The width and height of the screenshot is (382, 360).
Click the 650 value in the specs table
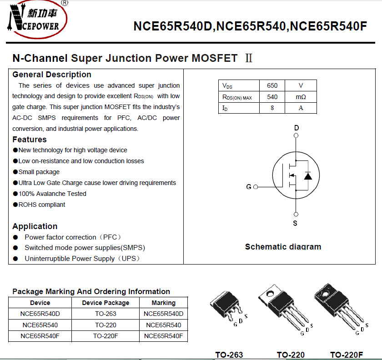(x=272, y=85)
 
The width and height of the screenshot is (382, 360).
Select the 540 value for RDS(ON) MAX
(x=272, y=97)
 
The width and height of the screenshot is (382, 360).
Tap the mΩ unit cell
(x=301, y=97)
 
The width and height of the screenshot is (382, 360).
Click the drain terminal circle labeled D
(x=296, y=135)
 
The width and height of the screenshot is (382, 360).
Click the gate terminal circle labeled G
(x=256, y=187)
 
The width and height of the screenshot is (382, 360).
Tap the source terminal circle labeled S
(x=296, y=214)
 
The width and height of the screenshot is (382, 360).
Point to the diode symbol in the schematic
(x=308, y=175)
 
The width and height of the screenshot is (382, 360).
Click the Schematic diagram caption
(x=283, y=247)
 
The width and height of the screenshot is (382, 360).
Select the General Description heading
(x=52, y=75)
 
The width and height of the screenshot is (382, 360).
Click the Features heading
(x=30, y=140)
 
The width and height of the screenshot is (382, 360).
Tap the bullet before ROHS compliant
(x=15, y=205)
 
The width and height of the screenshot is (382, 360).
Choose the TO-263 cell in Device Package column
(x=106, y=314)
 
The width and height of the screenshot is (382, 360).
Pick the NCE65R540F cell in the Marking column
(x=163, y=336)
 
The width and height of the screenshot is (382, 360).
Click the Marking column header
(x=163, y=303)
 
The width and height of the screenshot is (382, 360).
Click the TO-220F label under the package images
(x=347, y=355)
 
